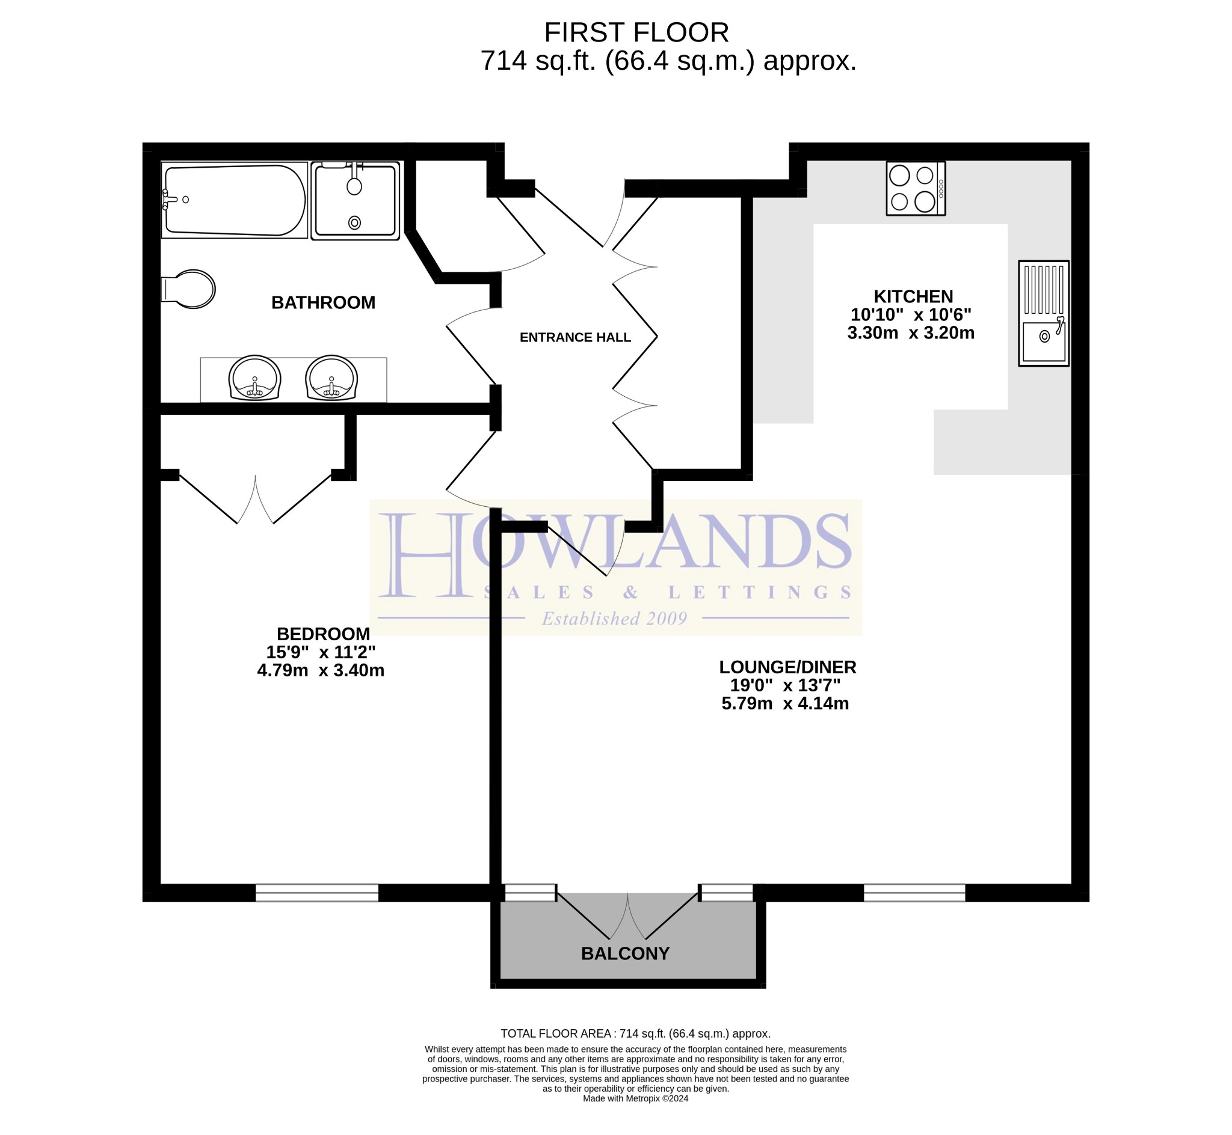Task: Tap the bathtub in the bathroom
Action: (x=234, y=200)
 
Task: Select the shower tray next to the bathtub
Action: (x=355, y=200)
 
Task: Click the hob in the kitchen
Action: (x=915, y=188)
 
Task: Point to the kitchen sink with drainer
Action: (x=1043, y=314)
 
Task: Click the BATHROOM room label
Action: (x=323, y=303)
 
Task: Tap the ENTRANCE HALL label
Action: (x=575, y=337)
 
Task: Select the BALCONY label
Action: (x=625, y=954)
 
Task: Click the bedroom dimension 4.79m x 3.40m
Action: (x=321, y=670)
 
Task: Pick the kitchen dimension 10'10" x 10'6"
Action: (x=911, y=314)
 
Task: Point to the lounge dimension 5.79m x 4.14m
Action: (x=785, y=703)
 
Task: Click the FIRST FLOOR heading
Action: (x=636, y=32)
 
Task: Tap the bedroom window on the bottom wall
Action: (x=316, y=892)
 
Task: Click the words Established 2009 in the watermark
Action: (x=614, y=619)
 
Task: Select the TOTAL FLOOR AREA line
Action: (x=635, y=1033)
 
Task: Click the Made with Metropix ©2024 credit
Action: (x=635, y=1099)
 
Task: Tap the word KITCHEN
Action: (x=913, y=296)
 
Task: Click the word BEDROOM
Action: (x=323, y=634)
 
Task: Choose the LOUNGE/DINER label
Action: (x=787, y=667)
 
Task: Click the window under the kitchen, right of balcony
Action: (x=914, y=892)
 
